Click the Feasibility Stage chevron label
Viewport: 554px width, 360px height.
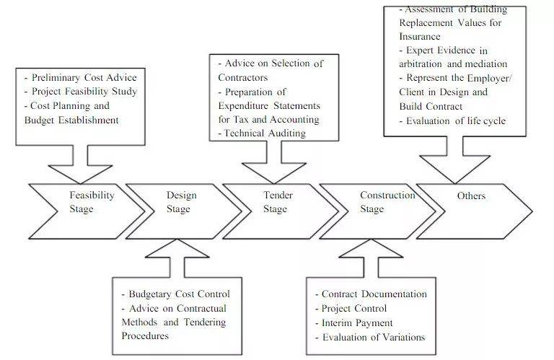(x=92, y=202)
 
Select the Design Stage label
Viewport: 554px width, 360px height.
(x=180, y=202)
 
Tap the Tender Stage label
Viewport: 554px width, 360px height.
(x=274, y=202)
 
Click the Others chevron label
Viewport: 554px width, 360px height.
(x=471, y=196)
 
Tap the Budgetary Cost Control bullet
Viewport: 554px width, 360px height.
(x=175, y=294)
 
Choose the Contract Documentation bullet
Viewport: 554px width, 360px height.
(x=371, y=294)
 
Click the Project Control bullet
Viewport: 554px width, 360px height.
(x=352, y=309)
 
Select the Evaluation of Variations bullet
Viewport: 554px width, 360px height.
(x=370, y=337)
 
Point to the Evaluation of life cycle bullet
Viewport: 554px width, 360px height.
(x=454, y=120)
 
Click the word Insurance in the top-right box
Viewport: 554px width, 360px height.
(x=419, y=36)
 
